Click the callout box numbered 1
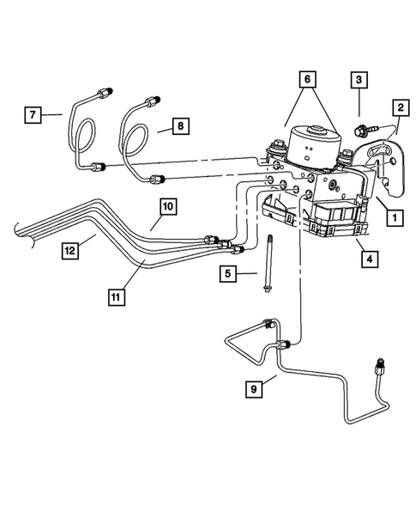point(393,218)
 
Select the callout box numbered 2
point(400,107)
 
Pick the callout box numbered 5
point(227,274)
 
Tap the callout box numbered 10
point(166,206)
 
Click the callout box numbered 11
point(115,296)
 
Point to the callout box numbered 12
point(70,250)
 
